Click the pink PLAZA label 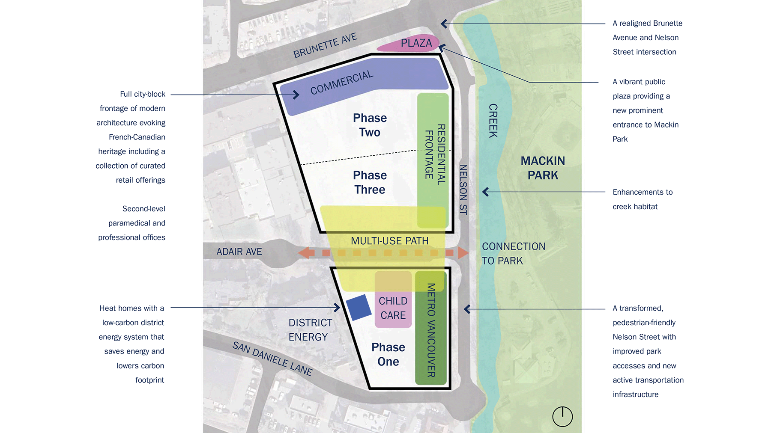coord(416,43)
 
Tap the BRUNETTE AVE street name coord(325,46)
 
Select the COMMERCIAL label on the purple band coord(342,83)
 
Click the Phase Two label coord(370,125)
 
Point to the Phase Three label coord(370,182)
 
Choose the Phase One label coord(388,354)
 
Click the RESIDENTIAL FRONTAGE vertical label coord(435,154)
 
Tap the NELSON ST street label coord(463,189)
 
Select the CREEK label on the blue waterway coord(493,121)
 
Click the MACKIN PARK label coord(543,168)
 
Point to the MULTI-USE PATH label coord(389,241)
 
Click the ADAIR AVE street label coord(239,252)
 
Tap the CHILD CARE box coord(393,308)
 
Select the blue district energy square coord(359,307)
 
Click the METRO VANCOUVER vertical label coord(431,330)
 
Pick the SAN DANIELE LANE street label coord(272,359)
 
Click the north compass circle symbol coord(562,416)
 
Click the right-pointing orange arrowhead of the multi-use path coord(463,253)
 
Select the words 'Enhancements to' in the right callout coord(642,192)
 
